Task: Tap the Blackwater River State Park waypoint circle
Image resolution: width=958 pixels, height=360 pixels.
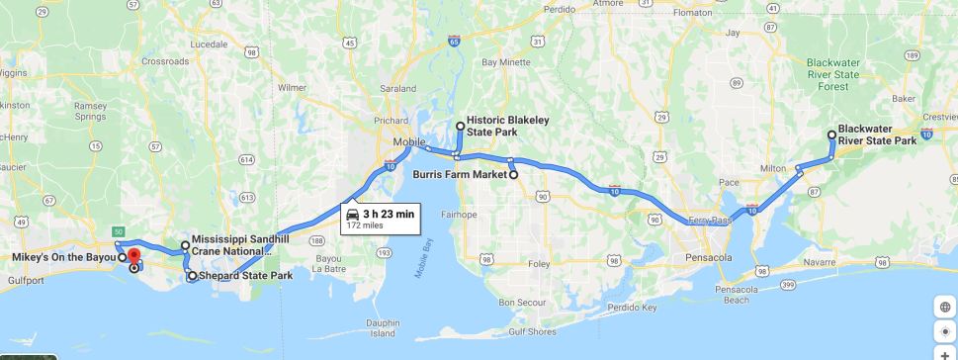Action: click(830, 135)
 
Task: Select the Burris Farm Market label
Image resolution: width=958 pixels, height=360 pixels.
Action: click(469, 174)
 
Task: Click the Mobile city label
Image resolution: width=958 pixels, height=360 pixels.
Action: click(408, 141)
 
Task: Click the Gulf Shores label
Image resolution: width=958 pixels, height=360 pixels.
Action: click(533, 331)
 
